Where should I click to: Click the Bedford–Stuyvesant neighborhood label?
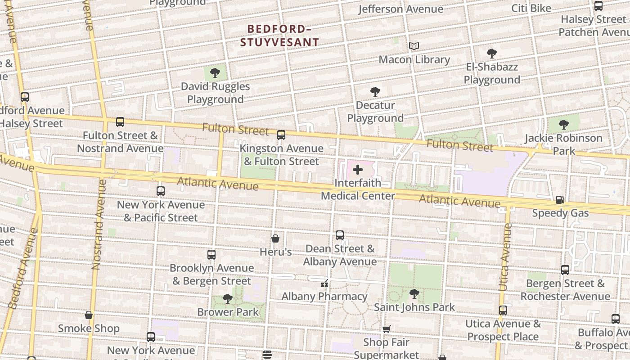tap(279, 36)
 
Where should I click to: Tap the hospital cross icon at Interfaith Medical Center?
tap(358, 170)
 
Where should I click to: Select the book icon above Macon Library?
tap(414, 46)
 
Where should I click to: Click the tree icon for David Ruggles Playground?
tap(215, 72)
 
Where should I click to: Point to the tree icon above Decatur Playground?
tap(375, 92)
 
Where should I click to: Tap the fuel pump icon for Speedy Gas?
tap(560, 199)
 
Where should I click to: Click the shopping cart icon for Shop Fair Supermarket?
tap(386, 329)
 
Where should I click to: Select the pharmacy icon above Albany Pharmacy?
tap(324, 283)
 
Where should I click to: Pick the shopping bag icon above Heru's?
tap(275, 238)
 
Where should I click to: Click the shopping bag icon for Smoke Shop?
tap(89, 315)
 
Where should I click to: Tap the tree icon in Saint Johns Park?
tap(414, 294)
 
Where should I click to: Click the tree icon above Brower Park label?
tap(228, 298)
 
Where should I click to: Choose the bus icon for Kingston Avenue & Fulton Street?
tap(281, 135)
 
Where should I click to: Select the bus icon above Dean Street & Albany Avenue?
tap(340, 235)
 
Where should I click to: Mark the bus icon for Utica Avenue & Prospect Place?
tap(503, 310)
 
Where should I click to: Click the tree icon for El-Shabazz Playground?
tap(492, 54)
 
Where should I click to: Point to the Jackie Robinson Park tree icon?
tap(563, 125)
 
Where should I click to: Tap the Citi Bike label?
tap(531, 8)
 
